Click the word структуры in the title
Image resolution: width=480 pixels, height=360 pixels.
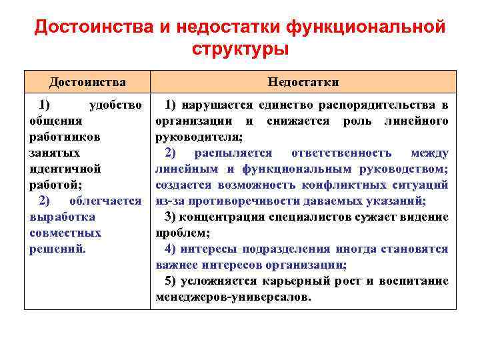click(x=240, y=49)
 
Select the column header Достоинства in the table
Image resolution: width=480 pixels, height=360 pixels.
click(x=87, y=82)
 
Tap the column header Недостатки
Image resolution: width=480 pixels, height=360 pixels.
click(x=303, y=82)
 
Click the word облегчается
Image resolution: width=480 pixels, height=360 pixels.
click(x=105, y=201)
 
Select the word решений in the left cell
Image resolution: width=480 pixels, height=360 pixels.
click(x=56, y=249)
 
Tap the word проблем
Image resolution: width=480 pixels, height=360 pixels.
click(x=182, y=233)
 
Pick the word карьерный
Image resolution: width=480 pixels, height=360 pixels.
click(x=298, y=281)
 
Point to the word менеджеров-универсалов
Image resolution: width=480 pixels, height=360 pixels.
click(x=232, y=297)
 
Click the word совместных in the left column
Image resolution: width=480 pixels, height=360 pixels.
click(x=65, y=233)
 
